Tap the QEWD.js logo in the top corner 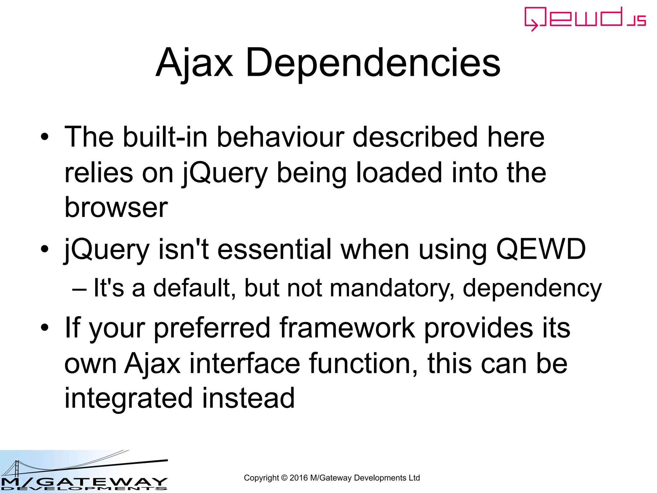pyautogui.click(x=585, y=19)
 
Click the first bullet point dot pyautogui.click(x=45, y=137)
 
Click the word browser pyautogui.click(x=116, y=207)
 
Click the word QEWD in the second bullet pyautogui.click(x=541, y=249)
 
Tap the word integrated pyautogui.click(x=128, y=399)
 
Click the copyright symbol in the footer pyautogui.click(x=284, y=478)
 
